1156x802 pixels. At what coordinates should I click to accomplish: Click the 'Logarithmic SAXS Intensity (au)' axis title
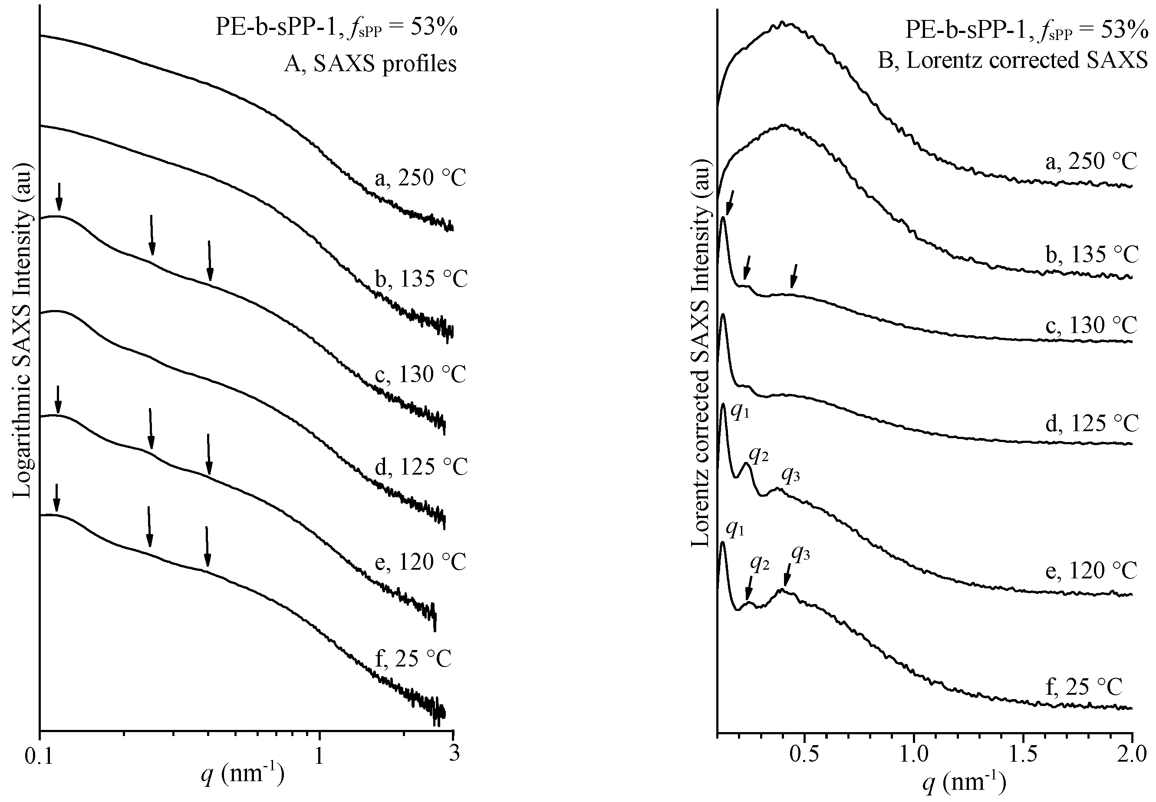(23, 334)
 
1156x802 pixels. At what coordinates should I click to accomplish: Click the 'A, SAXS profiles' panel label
(370, 64)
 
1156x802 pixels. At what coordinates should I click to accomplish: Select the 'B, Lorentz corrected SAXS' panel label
(1012, 60)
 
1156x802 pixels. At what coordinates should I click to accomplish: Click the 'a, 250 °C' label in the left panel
(421, 178)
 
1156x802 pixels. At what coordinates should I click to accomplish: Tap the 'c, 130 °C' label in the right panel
(1091, 326)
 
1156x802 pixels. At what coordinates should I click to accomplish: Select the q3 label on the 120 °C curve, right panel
(790, 475)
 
